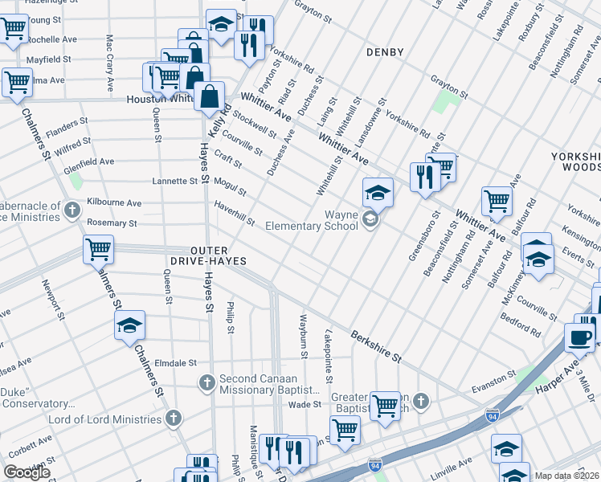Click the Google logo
point(27,472)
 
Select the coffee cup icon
point(579,337)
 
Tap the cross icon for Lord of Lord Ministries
point(172,419)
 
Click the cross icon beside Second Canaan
point(206,382)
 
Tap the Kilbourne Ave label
point(114,203)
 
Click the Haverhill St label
point(235,214)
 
